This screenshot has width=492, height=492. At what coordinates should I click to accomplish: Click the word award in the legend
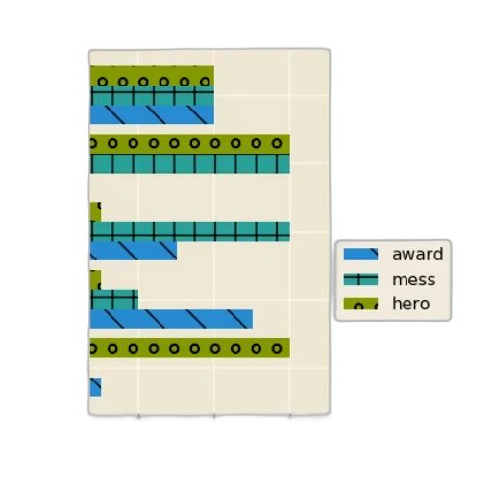418,255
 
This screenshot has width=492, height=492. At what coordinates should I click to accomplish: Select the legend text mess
414,280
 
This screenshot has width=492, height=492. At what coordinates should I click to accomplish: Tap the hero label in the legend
411,304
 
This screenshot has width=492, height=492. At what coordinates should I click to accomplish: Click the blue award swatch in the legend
360,255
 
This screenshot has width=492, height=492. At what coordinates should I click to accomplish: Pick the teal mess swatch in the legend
360,280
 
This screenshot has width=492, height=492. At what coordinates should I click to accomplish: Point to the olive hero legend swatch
360,304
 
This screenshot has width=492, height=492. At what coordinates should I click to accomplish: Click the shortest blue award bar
96,387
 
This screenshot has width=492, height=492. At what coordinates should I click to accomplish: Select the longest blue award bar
171,319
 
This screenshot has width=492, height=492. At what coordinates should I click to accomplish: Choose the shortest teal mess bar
114,300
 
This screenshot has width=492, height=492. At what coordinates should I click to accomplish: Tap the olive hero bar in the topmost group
152,76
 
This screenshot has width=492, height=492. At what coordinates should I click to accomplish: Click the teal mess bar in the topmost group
152,95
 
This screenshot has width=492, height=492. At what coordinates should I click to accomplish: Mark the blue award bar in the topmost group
152,114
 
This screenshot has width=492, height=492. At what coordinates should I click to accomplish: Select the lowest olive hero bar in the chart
190,348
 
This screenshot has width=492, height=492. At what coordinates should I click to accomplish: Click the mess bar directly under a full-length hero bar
190,163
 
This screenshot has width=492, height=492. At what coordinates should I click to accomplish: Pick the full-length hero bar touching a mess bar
190,144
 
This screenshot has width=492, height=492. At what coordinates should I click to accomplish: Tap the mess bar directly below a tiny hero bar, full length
190,232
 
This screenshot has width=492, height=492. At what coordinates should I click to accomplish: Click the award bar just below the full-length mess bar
134,251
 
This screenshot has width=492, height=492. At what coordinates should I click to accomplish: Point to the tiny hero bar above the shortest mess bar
96,280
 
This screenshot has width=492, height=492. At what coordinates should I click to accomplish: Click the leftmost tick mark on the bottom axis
138,416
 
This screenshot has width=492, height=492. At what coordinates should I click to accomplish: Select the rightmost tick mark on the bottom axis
290,416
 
